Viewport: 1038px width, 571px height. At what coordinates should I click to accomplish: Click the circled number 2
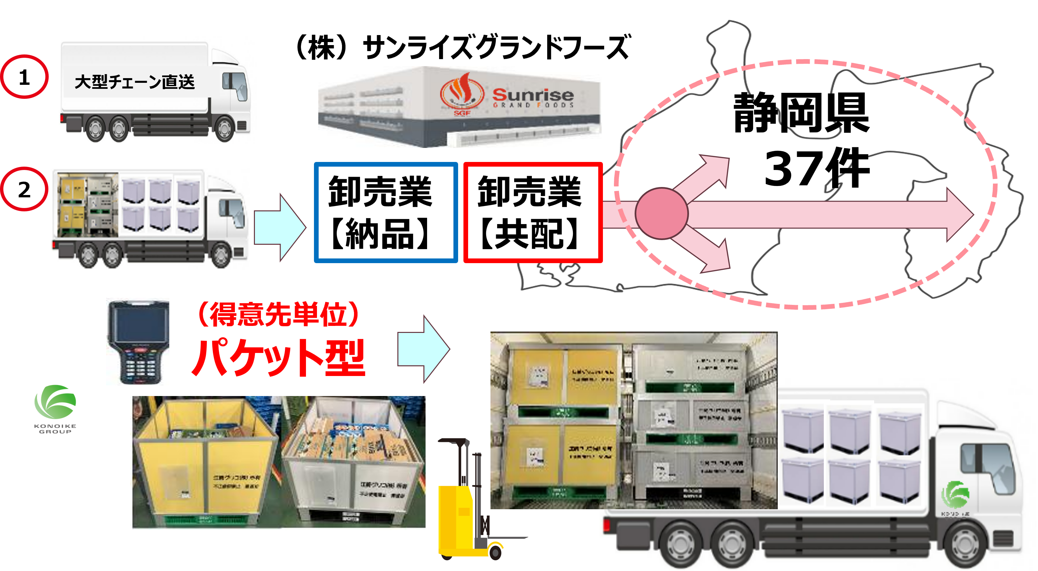coord(24,189)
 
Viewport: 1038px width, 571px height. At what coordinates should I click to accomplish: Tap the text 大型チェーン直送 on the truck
coord(134,82)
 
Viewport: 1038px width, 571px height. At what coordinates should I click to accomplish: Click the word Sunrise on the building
coord(533,95)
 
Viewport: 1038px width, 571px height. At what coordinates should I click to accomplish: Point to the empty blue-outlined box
coord(386,212)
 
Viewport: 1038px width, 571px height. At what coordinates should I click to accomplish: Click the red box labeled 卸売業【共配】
coord(532,212)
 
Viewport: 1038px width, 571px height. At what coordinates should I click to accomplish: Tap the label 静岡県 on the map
coord(801,113)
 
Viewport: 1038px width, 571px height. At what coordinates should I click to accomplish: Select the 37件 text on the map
coord(816,168)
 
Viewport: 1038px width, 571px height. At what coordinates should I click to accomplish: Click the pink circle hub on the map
coord(662,213)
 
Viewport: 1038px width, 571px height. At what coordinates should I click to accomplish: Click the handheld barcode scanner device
coord(138,341)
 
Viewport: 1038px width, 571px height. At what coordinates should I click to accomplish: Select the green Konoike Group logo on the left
coord(55,408)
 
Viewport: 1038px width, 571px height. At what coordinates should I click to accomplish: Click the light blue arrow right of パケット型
coord(423,349)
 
